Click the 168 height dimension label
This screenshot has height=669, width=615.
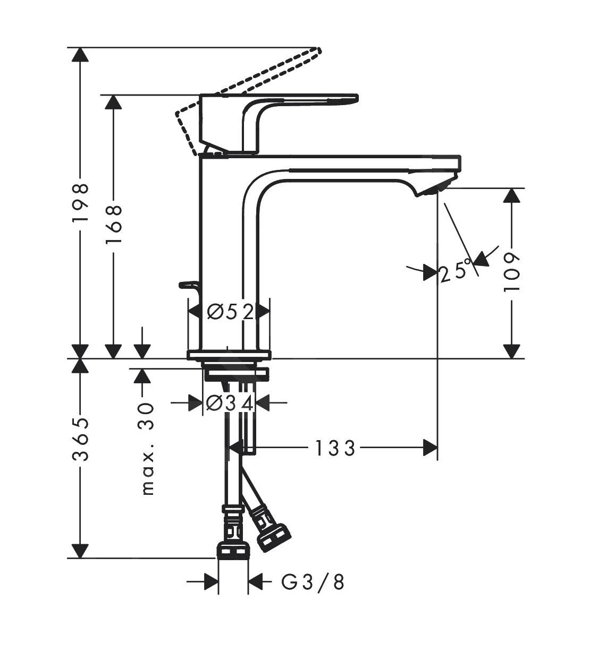(113, 224)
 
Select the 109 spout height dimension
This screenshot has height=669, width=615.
(511, 272)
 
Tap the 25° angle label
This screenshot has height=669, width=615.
(456, 271)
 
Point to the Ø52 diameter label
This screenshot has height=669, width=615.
(230, 312)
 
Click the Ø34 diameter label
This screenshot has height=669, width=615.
(230, 403)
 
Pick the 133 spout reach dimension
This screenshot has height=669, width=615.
(334, 449)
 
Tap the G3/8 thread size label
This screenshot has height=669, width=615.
(313, 582)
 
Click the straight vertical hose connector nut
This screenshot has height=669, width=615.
(233, 550)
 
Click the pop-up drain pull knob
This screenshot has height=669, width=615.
(188, 286)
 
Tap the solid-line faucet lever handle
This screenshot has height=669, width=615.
(298, 101)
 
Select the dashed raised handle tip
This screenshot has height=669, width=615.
(317, 51)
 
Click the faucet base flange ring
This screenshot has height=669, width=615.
(229, 355)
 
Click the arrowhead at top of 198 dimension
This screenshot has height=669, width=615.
(80, 56)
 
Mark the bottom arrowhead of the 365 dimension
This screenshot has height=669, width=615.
(80, 551)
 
